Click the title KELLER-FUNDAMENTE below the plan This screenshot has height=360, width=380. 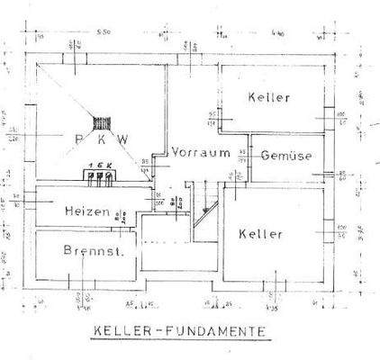tap(179, 331)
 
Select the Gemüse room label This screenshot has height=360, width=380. tap(286, 155)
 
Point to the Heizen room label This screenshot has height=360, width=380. tap(87, 212)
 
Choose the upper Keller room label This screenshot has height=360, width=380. tap(268, 97)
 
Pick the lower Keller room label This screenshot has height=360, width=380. tap(261, 234)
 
